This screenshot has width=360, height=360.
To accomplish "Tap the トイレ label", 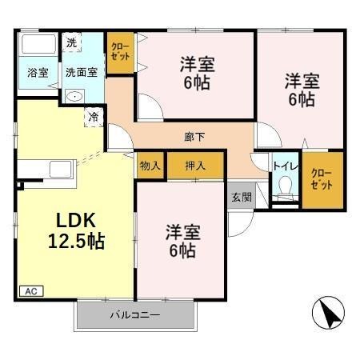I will coord(284,166).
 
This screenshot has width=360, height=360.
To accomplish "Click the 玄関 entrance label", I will coord(241,197).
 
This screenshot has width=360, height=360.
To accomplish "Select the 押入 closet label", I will coord(195,166).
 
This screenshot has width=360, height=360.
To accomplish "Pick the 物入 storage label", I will coord(150,166).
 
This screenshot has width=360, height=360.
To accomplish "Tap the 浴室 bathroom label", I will coord(38,73).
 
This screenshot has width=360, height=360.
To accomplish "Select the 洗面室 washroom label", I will coord(82,72).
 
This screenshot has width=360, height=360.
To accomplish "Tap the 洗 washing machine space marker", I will coord(71,42).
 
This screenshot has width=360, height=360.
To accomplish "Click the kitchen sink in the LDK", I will coord(60,169).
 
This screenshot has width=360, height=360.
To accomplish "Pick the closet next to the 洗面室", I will coord(120,53).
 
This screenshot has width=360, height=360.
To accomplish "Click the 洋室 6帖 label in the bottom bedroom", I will coord(182,241).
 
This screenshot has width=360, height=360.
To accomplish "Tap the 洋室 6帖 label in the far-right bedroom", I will coord(300,90).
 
